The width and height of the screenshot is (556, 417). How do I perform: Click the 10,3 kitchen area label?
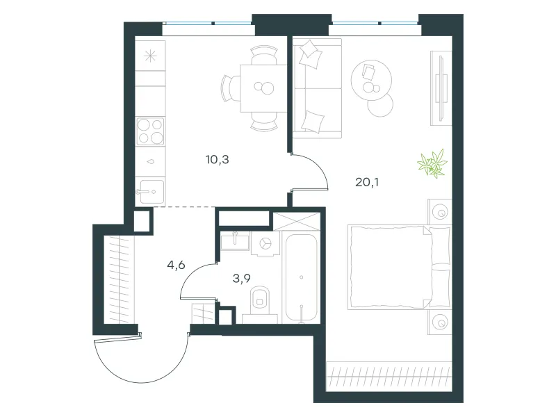coord(217,160)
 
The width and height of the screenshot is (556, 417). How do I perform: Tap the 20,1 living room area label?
coord(367,182)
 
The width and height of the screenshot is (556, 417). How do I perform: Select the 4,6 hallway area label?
coord(176,265)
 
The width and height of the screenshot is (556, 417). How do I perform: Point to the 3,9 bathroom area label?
coord(241,279)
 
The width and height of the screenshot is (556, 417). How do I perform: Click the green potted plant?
coord(432,163)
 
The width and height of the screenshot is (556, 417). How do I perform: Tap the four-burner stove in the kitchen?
coord(151,131)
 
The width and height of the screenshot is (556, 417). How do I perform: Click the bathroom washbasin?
coord(235,241)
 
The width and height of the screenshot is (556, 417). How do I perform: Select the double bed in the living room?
coord(399,267)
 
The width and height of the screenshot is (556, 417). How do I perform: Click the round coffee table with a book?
coord(372,80)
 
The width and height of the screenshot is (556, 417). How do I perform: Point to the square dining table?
coord(263,88)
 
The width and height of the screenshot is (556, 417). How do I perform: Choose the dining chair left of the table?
coord(231,88)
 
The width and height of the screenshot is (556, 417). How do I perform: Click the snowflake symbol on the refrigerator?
coord(150,56)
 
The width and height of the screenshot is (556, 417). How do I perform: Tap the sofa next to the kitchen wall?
coord(317,88)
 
